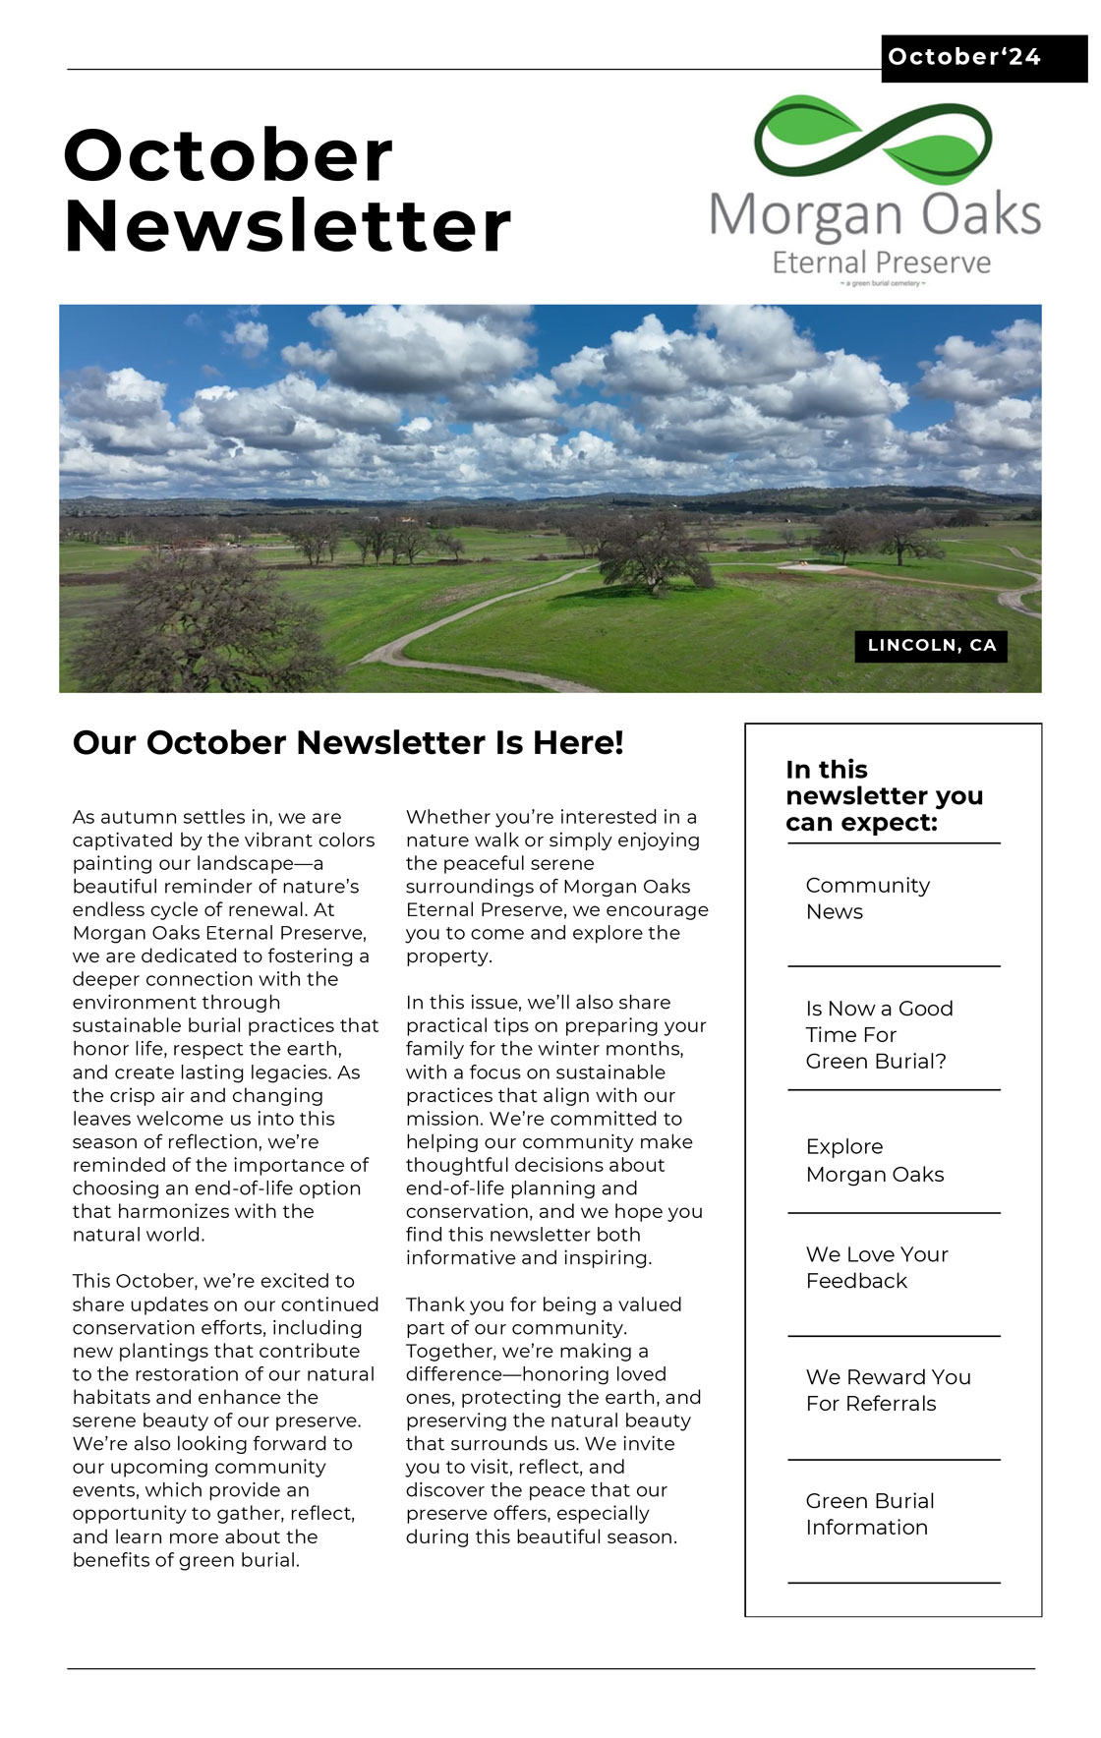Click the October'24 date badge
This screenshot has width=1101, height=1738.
click(963, 57)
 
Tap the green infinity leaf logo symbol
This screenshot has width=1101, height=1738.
click(873, 141)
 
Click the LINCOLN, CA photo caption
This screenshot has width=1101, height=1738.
click(931, 645)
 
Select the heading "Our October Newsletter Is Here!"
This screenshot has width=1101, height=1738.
click(348, 742)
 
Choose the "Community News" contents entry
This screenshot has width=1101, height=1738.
click(867, 898)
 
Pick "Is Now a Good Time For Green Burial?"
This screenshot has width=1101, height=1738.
click(879, 1034)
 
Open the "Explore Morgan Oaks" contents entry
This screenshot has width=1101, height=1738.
click(874, 1160)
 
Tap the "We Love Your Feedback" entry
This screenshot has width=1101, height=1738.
click(876, 1267)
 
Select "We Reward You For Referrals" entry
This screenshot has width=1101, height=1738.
click(888, 1390)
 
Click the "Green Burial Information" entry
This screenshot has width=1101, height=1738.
click(869, 1514)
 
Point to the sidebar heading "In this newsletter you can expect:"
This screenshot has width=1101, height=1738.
click(883, 795)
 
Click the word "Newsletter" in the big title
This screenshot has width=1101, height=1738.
click(287, 226)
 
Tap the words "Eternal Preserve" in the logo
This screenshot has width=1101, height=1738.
click(881, 262)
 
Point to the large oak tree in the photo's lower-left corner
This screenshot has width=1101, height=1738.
click(197, 629)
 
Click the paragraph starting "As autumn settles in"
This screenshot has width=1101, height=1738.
click(224, 1025)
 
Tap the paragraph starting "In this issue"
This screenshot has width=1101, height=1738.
click(555, 1130)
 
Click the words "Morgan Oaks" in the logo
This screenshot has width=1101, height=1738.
click(875, 213)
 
